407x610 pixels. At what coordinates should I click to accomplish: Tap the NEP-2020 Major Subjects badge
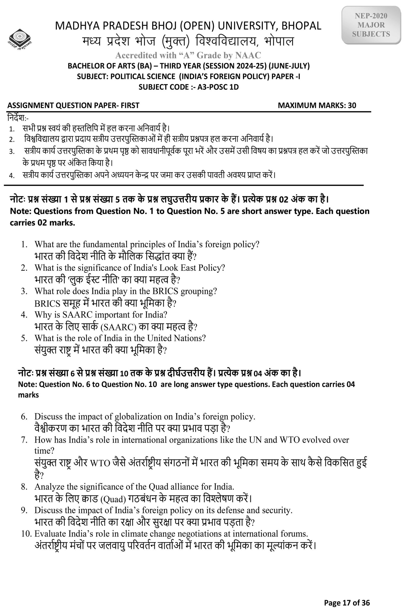click(371, 25)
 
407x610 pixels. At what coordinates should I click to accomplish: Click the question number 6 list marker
click(24, 417)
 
